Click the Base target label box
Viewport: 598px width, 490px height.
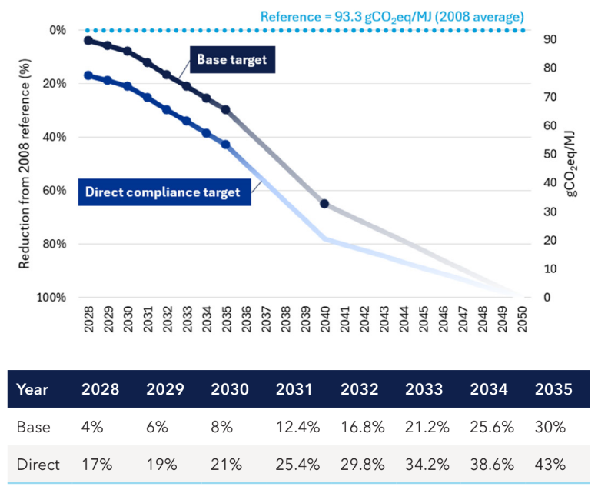[x=231, y=60]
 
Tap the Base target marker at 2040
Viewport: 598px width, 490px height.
[x=324, y=204]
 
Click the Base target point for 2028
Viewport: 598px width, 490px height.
[x=88, y=40]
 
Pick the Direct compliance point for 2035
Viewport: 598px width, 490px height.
[x=225, y=144]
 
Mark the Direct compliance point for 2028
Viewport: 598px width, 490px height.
[x=88, y=75]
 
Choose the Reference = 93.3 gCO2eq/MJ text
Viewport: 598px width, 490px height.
[x=392, y=15]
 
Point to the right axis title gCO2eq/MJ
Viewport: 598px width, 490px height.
[x=572, y=163]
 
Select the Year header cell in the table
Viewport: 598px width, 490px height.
[x=32, y=389]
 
